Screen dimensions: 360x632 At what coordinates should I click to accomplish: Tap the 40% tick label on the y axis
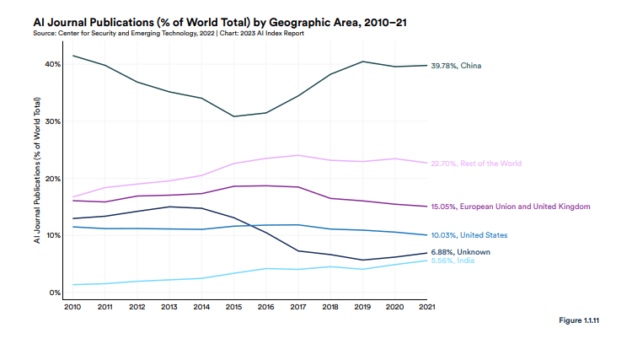[x=52, y=65]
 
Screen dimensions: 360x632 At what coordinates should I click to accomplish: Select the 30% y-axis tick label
[x=52, y=121]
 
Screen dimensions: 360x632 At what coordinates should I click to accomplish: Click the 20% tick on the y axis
[x=52, y=179]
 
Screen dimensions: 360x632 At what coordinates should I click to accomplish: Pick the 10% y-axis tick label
[x=52, y=235]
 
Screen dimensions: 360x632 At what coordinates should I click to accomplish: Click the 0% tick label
[x=54, y=293]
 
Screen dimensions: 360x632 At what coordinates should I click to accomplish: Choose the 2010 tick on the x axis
[x=72, y=308]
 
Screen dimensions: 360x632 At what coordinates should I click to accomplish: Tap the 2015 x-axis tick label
[x=233, y=308]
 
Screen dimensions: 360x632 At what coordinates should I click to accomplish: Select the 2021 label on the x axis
[x=426, y=308]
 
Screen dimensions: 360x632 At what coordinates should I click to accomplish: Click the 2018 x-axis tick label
[x=330, y=308]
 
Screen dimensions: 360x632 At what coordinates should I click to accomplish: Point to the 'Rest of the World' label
[x=475, y=164]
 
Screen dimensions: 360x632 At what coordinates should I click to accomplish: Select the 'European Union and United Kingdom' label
[x=510, y=207]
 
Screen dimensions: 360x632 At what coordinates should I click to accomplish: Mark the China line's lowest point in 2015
[x=233, y=116]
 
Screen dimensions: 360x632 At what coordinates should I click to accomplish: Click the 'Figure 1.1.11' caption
[x=581, y=322]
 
